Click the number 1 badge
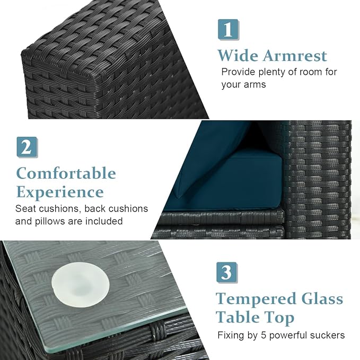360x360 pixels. pos(229,30)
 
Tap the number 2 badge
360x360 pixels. pos(27,147)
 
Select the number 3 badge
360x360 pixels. pos(227,273)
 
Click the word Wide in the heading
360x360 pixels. pos(238,56)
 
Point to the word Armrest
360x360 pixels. pos(295,56)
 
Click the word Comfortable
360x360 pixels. pos(66,173)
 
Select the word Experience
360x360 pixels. pos(60,192)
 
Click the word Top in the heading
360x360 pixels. pos(280,319)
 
